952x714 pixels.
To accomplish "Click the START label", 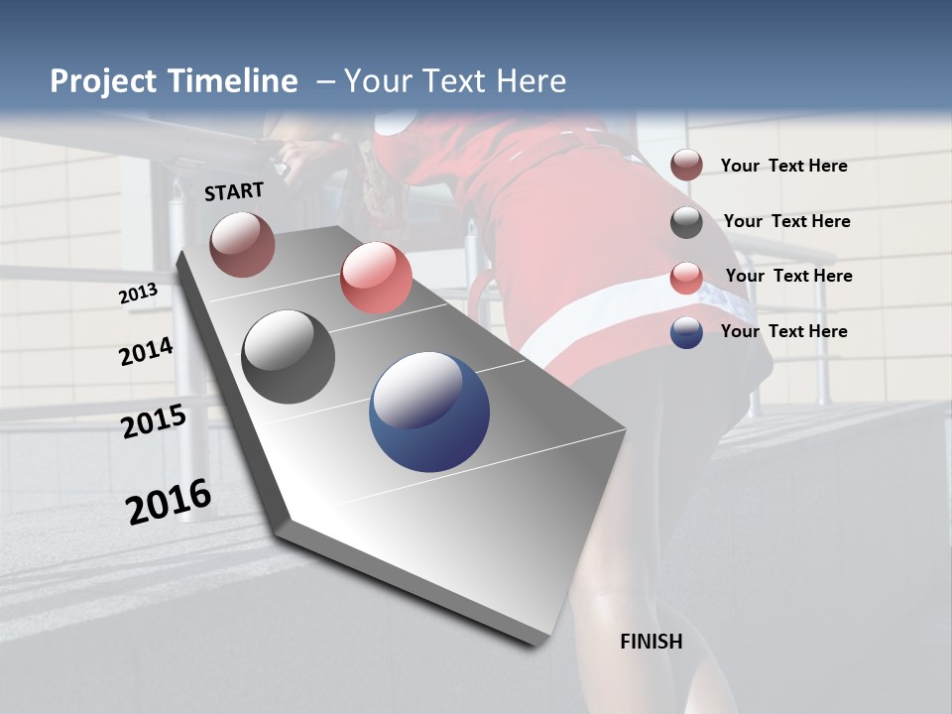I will pos(234,191).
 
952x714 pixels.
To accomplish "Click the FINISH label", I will pos(651,642).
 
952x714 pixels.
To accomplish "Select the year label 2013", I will pos(138,294).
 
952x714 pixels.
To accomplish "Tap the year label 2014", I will pos(146,351).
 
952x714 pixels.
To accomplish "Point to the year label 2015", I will pos(154,421).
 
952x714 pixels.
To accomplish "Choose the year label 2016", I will pos(169,501).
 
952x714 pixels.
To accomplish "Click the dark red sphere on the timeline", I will pos(242,244).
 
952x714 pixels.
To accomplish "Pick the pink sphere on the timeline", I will pos(376,278).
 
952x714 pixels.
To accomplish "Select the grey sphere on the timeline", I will pos(289,357).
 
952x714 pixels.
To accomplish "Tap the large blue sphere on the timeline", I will pos(429,412).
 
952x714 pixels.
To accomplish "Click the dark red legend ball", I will pos(686,165).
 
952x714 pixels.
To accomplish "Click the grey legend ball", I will pos(686,222).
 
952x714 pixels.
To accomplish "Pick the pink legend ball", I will pos(686,278).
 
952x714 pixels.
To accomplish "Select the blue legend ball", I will pos(686,332).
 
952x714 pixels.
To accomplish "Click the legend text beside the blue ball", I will pos(783,331).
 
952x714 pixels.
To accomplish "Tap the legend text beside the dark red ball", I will pos(783,166).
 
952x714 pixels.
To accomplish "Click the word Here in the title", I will pos(531,81).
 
